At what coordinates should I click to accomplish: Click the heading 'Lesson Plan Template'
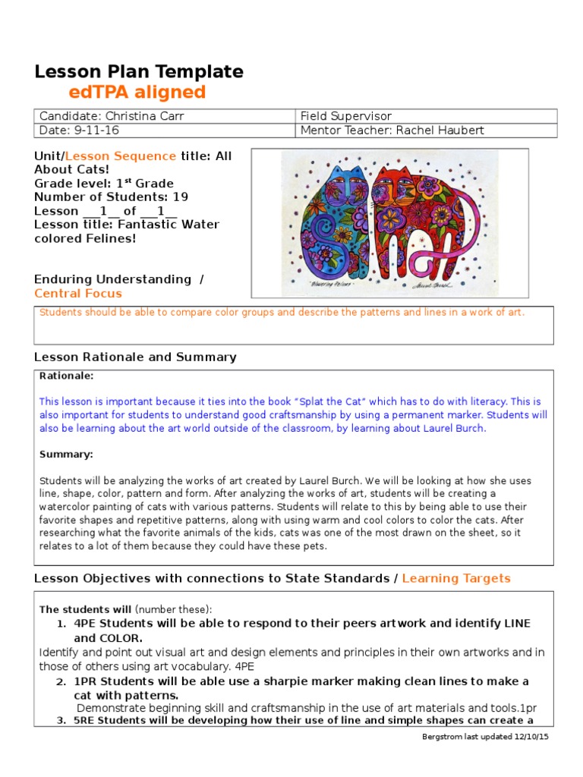click(x=139, y=72)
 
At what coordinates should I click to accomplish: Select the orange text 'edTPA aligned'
click(x=137, y=93)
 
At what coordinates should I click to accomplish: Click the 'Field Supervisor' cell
click(x=346, y=116)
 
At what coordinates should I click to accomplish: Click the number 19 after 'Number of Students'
click(x=181, y=197)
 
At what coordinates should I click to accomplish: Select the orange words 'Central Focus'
click(x=77, y=294)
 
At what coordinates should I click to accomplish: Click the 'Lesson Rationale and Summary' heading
click(x=135, y=357)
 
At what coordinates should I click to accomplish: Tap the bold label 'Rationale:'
click(x=67, y=376)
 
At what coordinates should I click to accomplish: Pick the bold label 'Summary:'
click(x=65, y=454)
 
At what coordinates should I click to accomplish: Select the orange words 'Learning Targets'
click(x=456, y=578)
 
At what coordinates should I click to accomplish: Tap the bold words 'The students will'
click(x=86, y=609)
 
